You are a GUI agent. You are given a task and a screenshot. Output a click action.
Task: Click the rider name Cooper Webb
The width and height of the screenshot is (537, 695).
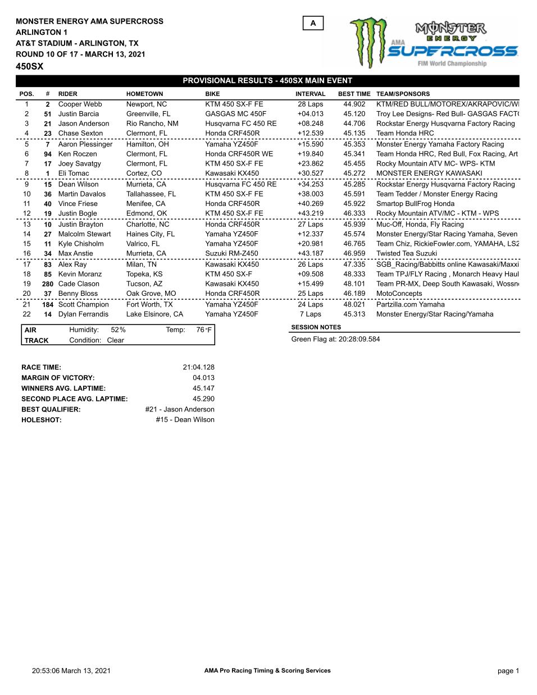[80, 104]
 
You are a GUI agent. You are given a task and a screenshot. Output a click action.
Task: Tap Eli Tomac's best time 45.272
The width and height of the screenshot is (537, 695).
[354, 173]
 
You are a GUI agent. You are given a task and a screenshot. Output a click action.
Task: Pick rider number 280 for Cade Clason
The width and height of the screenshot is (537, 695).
[47, 284]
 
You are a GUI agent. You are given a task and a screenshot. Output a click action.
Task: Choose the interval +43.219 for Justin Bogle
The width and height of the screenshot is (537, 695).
[310, 213]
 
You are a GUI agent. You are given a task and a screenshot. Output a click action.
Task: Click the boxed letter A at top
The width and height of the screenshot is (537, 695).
[313, 23]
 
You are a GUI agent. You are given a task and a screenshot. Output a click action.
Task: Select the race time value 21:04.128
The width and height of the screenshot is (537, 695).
[198, 368]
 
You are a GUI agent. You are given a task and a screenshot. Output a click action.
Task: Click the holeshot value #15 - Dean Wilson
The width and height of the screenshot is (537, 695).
[185, 420]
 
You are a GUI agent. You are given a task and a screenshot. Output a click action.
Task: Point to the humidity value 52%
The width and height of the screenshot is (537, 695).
[118, 330]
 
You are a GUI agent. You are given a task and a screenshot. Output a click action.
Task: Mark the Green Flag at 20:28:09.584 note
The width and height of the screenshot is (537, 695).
[335, 340]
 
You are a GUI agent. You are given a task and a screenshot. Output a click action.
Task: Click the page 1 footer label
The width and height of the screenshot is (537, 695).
[508, 671]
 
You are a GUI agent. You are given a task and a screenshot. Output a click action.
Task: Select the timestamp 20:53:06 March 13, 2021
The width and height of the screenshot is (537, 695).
[71, 671]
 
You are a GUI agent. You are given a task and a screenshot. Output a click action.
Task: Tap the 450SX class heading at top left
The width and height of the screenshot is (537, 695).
[30, 66]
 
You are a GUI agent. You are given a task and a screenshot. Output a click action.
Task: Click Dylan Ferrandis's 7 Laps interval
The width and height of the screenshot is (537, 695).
[310, 314]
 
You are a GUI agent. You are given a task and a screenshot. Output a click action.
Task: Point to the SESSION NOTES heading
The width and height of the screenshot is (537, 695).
[316, 327]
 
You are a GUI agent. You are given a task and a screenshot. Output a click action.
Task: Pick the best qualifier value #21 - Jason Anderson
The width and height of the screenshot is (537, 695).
[179, 410]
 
